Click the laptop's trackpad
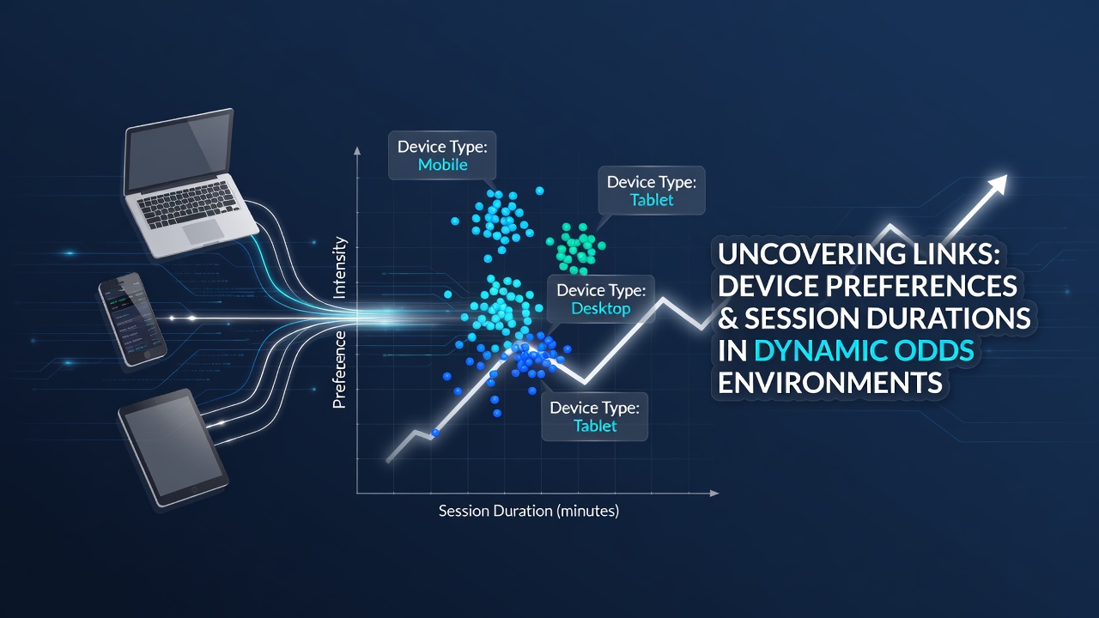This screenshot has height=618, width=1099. click(x=203, y=232)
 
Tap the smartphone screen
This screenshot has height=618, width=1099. click(x=132, y=318)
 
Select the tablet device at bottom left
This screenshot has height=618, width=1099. click(x=173, y=447)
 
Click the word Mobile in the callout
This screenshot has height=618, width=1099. click(x=442, y=165)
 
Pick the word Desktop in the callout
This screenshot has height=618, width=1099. click(x=601, y=309)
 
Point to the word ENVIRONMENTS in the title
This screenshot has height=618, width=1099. click(x=830, y=383)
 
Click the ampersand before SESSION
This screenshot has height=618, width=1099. click(x=728, y=318)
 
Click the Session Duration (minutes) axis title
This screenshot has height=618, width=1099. click(x=528, y=511)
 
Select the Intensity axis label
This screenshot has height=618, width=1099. click(x=339, y=268)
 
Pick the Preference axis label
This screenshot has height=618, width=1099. click(x=339, y=370)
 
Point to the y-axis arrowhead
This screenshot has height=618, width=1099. click(x=357, y=150)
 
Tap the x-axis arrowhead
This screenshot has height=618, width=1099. click(x=714, y=493)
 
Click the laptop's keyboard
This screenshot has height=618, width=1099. click(x=188, y=204)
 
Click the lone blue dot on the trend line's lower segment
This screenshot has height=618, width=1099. click(x=435, y=433)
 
